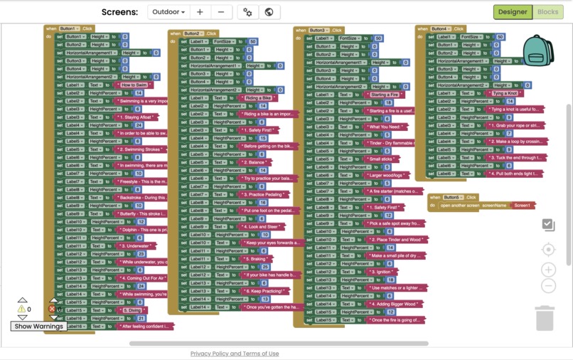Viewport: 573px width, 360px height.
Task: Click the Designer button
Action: tap(513, 12)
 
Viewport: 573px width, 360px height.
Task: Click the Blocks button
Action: tap(547, 12)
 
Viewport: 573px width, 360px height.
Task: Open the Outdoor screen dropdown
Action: tap(168, 12)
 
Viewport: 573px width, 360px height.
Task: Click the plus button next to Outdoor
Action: tap(200, 12)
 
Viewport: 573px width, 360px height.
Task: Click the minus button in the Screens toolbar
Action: tap(221, 12)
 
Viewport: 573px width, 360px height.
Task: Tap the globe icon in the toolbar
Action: tap(269, 12)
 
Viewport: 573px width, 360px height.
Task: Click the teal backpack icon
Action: tap(537, 50)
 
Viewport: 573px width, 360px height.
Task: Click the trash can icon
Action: tap(545, 318)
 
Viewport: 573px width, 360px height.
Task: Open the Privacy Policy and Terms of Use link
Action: tap(235, 354)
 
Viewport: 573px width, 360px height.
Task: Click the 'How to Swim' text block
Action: tap(134, 85)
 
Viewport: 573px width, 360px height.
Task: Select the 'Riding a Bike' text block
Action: tap(258, 98)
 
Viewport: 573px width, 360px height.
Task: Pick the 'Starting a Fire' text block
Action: tap(384, 95)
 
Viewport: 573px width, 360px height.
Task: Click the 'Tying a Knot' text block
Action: tap(505, 93)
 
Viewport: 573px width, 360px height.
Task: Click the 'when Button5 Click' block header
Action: tap(452, 197)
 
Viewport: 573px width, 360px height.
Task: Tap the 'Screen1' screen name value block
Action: tap(522, 206)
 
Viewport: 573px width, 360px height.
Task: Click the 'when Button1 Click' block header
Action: tap(70, 28)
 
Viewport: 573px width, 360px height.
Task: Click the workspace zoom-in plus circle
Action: tap(548, 270)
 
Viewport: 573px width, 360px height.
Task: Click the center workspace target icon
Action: tap(548, 250)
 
